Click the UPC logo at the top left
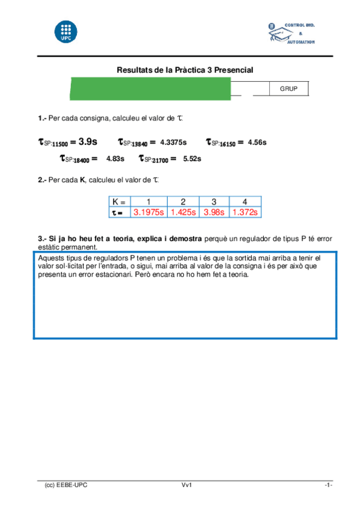point(66,32)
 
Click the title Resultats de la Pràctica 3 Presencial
point(185,70)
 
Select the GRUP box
point(289,89)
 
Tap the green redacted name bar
point(151,88)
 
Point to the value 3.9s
point(88,142)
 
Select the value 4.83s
point(115,159)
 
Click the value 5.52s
point(192,159)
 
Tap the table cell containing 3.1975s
point(148,212)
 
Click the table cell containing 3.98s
point(213,212)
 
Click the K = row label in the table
point(119,202)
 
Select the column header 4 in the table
point(245,202)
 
